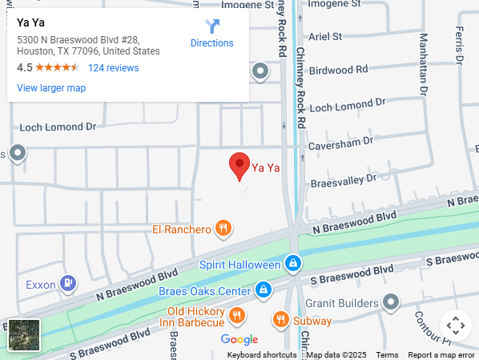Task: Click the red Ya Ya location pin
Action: (239, 166)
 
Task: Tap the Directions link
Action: (211, 34)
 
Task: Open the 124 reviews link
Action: (113, 68)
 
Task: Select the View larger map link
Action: (51, 88)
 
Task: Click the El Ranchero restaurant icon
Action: (224, 229)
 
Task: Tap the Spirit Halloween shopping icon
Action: (293, 264)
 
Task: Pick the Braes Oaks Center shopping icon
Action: (263, 289)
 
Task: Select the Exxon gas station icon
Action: (70, 284)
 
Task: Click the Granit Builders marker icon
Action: (390, 303)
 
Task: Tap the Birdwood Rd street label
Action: (338, 71)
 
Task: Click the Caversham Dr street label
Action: (341, 141)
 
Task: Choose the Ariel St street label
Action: (325, 36)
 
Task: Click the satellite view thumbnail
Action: (24, 335)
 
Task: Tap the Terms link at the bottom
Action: (387, 354)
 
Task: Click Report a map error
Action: (441, 354)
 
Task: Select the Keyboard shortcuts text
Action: (262, 354)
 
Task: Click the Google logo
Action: (239, 339)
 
